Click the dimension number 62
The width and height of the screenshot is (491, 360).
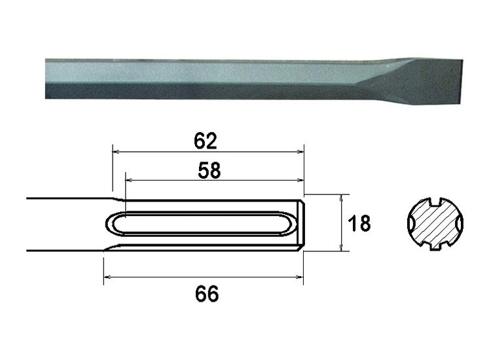click(x=206, y=140)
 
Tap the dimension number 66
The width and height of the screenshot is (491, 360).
click(x=206, y=294)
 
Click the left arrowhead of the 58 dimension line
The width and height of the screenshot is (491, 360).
click(x=129, y=179)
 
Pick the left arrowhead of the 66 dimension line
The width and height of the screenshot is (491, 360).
click(x=108, y=278)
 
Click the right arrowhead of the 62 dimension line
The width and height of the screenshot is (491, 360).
click(x=301, y=151)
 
